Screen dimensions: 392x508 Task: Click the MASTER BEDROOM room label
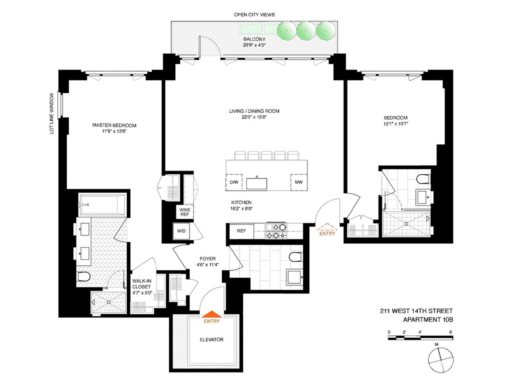114,125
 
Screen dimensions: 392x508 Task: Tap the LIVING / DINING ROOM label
254,111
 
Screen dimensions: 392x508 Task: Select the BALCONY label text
254,39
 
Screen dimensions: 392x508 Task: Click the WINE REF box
184,212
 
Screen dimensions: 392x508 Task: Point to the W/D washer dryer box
181,231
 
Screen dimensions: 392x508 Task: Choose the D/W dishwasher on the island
234,182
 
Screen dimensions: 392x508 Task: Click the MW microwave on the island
299,182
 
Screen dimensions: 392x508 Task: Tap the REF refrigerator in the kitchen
241,231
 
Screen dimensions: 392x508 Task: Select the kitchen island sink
257,183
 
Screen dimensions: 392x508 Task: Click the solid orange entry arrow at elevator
211,314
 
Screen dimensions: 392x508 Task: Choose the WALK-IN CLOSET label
142,287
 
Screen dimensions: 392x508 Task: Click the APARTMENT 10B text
428,319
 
